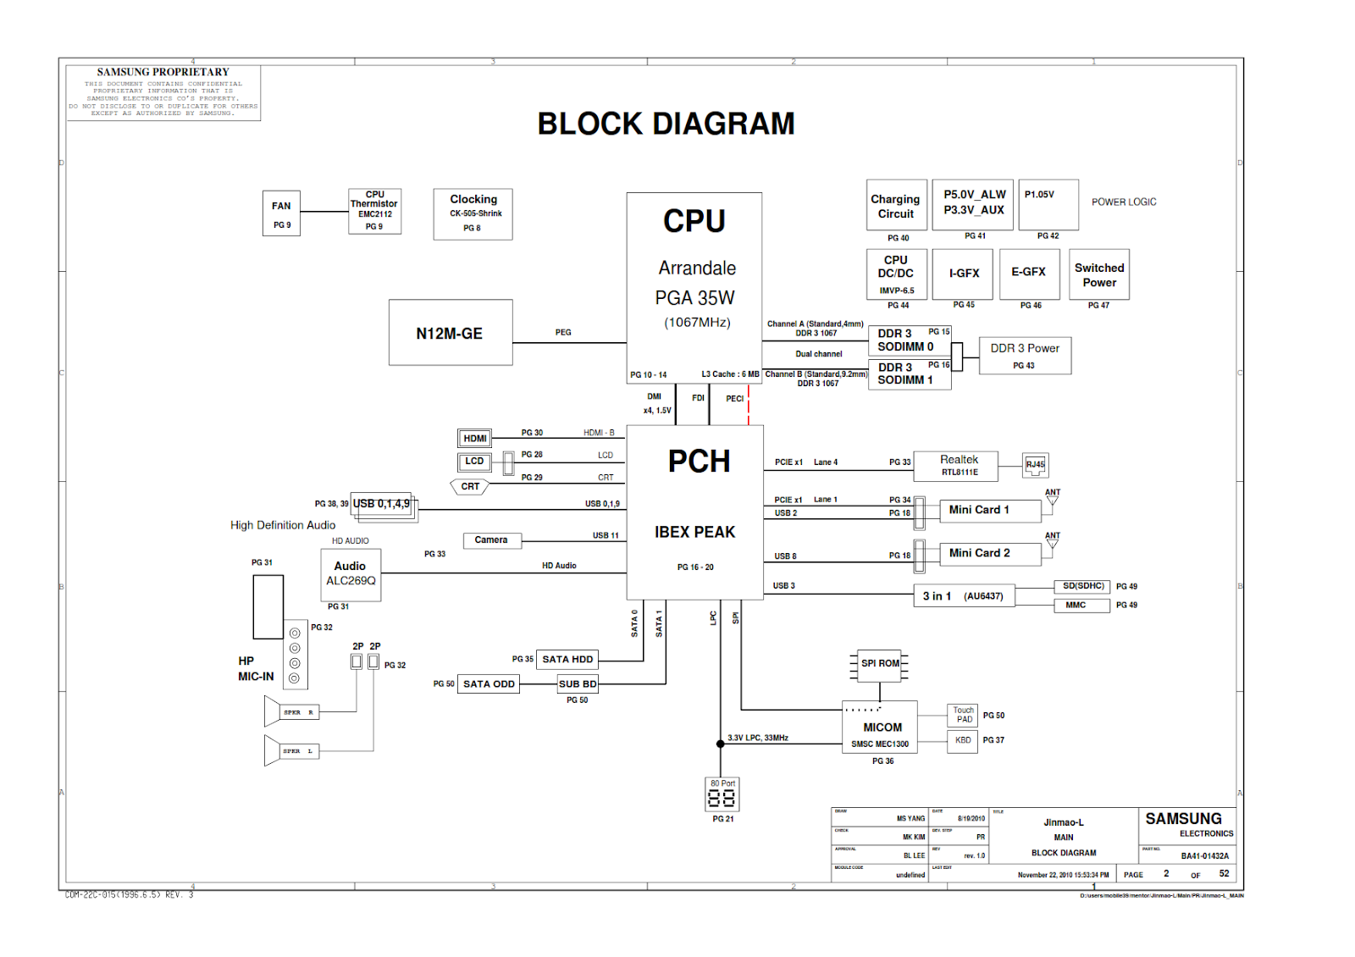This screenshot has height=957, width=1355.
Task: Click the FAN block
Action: [281, 213]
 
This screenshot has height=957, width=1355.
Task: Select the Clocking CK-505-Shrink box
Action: [473, 213]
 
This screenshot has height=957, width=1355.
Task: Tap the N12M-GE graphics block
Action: [451, 333]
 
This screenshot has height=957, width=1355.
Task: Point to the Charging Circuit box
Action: [896, 206]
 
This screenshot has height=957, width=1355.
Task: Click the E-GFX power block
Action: [1029, 273]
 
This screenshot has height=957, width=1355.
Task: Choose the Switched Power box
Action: [1099, 274]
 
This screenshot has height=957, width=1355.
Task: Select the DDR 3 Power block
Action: [1025, 355]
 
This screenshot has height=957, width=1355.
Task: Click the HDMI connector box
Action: [475, 439]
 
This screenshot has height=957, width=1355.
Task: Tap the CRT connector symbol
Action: [470, 487]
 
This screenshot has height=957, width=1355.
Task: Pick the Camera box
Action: [492, 540]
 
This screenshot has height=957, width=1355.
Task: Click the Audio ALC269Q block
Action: [351, 574]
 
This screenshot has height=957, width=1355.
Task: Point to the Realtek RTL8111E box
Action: [959, 465]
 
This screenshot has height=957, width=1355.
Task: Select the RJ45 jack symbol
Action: [1035, 464]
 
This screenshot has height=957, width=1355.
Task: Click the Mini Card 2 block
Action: [981, 553]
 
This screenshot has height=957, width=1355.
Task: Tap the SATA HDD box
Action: [567, 660]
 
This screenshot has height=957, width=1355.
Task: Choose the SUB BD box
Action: [578, 683]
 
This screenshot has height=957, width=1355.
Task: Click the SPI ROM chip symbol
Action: [880, 664]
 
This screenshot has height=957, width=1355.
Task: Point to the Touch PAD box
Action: [963, 715]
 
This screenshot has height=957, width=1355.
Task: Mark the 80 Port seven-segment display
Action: [722, 796]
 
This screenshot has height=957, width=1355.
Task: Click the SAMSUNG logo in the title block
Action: [1183, 819]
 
